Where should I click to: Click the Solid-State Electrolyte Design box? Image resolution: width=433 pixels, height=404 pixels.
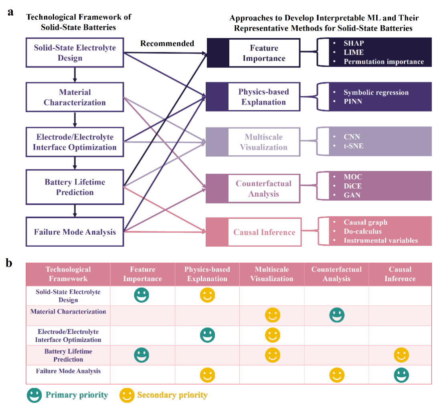[75, 53]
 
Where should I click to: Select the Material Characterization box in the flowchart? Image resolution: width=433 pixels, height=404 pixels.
[75, 97]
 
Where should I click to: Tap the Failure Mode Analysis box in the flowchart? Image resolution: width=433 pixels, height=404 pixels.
[75, 231]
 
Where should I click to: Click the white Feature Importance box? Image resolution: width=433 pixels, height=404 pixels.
[264, 53]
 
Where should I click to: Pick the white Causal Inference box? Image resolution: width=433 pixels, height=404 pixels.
[264, 232]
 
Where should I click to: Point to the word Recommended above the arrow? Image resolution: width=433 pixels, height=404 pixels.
[167, 43]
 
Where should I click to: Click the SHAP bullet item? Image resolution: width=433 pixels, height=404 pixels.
[354, 43]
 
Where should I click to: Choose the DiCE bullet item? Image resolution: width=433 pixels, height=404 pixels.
[352, 186]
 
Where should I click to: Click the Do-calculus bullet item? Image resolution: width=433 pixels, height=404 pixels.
[362, 231]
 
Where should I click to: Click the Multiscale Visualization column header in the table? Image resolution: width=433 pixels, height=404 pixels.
[272, 274]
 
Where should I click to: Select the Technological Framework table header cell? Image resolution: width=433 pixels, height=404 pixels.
[68, 274]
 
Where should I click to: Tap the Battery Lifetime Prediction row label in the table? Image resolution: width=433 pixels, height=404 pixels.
[68, 355]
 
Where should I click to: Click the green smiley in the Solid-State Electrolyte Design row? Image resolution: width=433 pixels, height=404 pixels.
[142, 295]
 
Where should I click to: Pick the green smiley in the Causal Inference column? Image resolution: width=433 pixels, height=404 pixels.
[401, 375]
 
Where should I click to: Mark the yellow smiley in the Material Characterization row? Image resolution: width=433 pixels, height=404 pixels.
[273, 315]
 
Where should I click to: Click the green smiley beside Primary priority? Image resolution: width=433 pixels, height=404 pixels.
[34, 395]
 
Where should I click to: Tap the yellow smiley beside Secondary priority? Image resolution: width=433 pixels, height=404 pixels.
[127, 395]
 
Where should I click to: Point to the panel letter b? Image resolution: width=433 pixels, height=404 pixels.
[9, 263]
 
